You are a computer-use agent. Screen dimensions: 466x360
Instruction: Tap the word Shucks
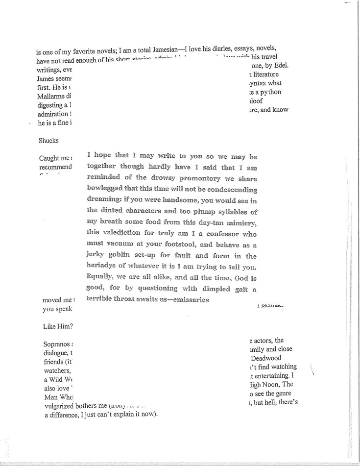click(x=48, y=141)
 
